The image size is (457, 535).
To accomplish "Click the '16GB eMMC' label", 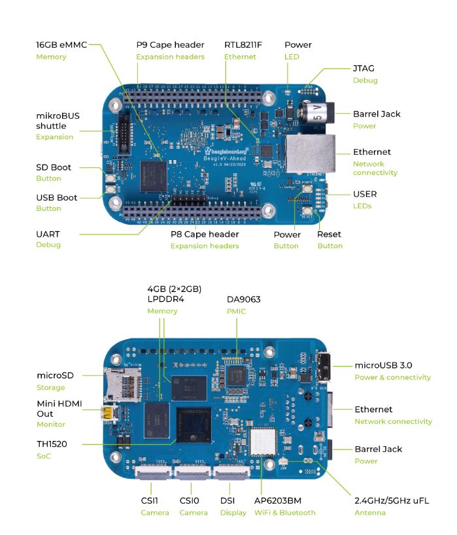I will click(61, 45).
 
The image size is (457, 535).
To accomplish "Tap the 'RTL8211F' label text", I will click(245, 45).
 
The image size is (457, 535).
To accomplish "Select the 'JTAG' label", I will click(364, 68).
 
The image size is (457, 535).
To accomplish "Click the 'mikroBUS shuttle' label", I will click(58, 121).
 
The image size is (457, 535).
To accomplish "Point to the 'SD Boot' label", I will click(53, 167).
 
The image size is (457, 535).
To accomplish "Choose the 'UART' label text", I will click(49, 233).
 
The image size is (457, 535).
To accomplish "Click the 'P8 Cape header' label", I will click(205, 234).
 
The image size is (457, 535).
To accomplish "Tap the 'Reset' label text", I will click(329, 235).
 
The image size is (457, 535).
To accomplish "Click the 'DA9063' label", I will click(243, 299).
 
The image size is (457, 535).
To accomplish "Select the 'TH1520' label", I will click(52, 444).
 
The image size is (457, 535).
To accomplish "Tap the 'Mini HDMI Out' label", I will click(59, 409).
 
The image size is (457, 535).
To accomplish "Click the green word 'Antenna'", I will click(369, 513).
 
